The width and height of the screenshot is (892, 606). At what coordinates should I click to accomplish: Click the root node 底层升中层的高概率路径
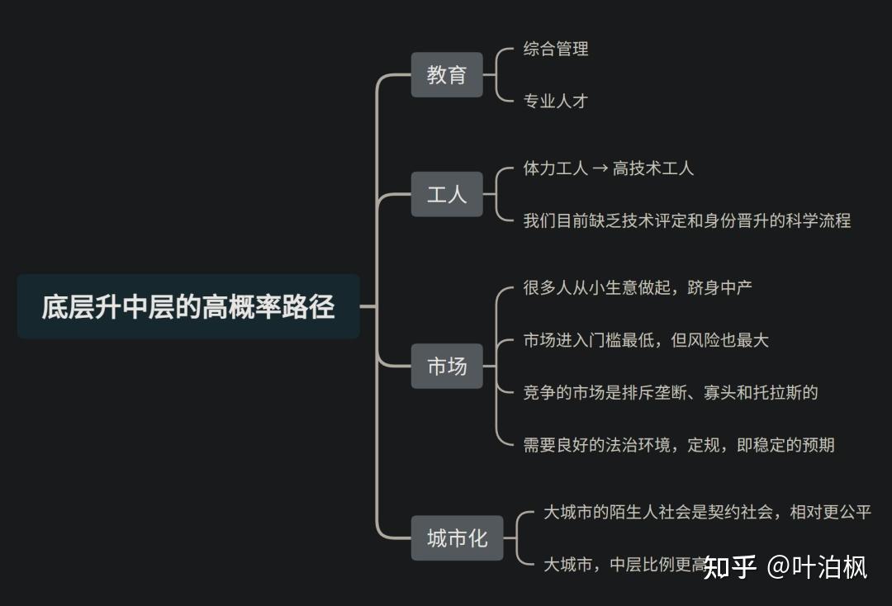pos(188,306)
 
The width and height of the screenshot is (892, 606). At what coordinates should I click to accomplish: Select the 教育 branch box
pos(447,75)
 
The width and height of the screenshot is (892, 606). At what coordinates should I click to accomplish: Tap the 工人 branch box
pos(447,195)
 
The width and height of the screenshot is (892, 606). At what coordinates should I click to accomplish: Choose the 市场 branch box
pos(447,366)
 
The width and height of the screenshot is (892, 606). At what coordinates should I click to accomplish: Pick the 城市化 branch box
pos(457,539)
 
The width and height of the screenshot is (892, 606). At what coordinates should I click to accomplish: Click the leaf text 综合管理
pos(556,49)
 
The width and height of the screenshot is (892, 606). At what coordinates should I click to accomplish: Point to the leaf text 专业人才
pos(556,102)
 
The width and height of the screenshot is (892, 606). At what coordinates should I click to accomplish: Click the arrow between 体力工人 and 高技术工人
pos(600,168)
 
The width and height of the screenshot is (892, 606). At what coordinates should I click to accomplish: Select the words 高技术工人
pos(653,168)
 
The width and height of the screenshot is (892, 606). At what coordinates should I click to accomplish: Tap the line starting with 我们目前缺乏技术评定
pos(686,220)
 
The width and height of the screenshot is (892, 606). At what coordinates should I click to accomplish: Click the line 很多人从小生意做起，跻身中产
pos(638,287)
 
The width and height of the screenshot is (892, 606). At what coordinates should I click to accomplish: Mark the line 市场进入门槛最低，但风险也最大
pos(646,339)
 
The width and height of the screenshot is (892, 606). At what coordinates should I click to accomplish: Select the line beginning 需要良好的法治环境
pos(679,445)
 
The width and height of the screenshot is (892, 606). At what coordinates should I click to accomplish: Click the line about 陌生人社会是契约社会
pos(707,512)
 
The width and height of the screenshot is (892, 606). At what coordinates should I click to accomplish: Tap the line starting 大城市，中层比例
pos(624,566)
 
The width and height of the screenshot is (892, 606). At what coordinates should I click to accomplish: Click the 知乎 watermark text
pos(730,567)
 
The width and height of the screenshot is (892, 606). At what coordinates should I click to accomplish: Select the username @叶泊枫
pos(818,567)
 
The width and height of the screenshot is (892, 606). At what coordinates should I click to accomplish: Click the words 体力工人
pos(556,168)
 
